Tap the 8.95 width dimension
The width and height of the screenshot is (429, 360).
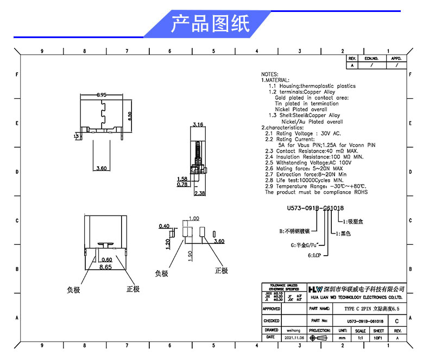tap(102, 95)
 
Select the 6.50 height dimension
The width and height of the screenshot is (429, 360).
tap(130, 117)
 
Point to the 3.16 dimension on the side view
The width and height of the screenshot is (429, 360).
tap(198, 125)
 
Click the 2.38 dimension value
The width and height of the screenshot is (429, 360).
tap(199, 193)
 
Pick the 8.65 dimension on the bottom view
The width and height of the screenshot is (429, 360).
tap(106, 267)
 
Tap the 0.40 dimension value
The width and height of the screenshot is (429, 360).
tap(163, 226)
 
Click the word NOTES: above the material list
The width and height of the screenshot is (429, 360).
tap(270, 74)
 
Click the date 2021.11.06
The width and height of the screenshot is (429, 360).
tap(295, 337)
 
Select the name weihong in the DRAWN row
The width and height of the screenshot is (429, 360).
tap(295, 330)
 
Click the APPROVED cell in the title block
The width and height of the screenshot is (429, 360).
tap(272, 308)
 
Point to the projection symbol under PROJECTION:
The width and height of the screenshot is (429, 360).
tap(321, 337)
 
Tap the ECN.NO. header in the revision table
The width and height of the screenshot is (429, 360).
tap(371, 58)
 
